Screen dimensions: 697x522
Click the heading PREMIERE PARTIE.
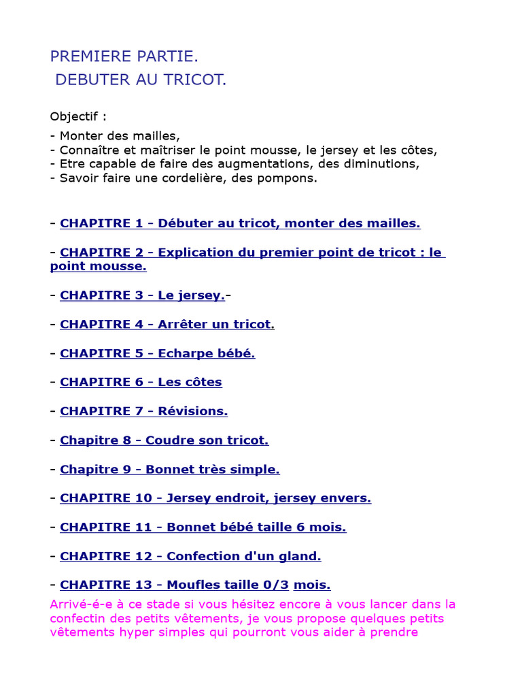coord(124,56)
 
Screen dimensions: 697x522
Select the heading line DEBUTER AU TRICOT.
coord(141,80)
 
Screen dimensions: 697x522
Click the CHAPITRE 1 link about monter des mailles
coord(240,223)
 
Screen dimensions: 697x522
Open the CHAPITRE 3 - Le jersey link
coord(142,295)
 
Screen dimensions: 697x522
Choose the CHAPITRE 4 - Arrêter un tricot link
coord(166,325)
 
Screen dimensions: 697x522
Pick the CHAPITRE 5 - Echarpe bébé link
coord(157,353)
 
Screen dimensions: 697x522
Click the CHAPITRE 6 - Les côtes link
coord(141,383)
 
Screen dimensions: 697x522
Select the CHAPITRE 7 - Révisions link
coord(143,411)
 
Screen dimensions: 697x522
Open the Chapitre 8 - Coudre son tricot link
coord(164,440)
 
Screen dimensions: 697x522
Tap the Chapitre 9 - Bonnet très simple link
coord(169,469)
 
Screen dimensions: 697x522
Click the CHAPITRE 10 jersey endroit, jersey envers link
coord(215,498)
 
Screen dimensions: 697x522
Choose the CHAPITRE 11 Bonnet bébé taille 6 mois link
coord(203,527)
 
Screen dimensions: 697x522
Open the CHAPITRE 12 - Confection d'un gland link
coord(190,556)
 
